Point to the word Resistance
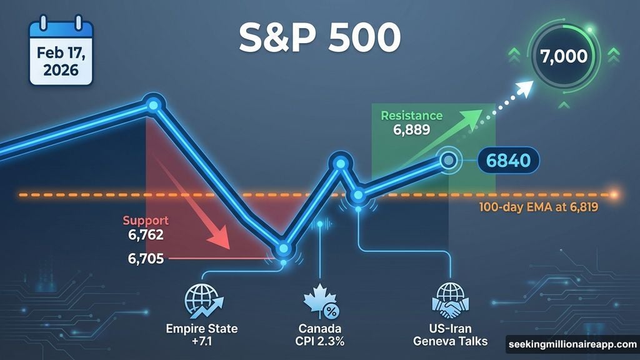(411, 116)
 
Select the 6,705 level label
(143, 257)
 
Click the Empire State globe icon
(201, 302)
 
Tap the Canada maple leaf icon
(320, 302)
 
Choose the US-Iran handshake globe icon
(450, 302)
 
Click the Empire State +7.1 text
(201, 334)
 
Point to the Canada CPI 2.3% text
(320, 334)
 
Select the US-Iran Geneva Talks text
(452, 334)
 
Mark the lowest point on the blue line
(284, 249)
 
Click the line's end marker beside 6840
(448, 161)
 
